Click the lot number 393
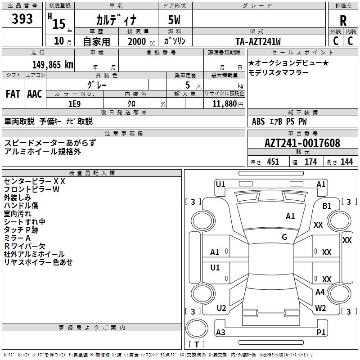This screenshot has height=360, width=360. (x=22, y=19)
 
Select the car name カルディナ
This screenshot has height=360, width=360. (x=116, y=19)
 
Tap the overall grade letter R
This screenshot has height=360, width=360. (x=343, y=21)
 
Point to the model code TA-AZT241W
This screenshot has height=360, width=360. (x=258, y=41)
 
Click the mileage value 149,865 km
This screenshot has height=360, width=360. (x=53, y=64)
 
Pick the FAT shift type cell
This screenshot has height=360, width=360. (x=13, y=94)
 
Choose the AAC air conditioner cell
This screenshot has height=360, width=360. (x=35, y=94)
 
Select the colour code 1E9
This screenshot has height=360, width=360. (x=74, y=103)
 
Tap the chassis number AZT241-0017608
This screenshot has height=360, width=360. (x=302, y=143)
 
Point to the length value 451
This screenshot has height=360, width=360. (x=273, y=162)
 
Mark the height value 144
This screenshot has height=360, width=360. (x=346, y=162)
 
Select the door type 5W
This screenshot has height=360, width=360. (x=175, y=20)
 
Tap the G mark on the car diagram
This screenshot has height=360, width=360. (x=284, y=237)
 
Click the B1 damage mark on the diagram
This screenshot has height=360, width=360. (x=327, y=206)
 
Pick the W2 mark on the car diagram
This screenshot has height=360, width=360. (x=320, y=308)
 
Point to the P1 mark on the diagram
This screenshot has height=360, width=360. (x=321, y=332)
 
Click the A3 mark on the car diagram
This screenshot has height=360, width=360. (x=220, y=332)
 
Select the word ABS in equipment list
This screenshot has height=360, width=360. (x=258, y=121)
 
